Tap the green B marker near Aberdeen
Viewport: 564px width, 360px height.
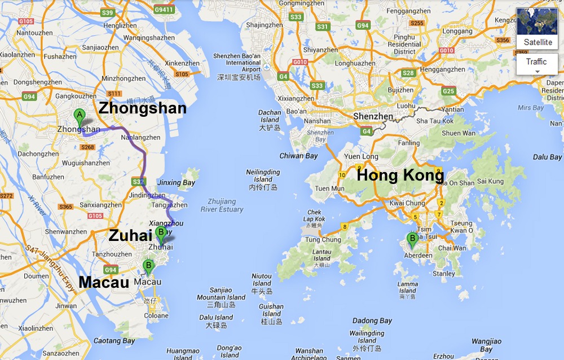[x=412, y=240]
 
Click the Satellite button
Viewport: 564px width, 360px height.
[x=537, y=28]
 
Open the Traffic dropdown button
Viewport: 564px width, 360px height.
[x=536, y=65]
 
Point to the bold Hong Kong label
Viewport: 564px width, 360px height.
[x=400, y=175]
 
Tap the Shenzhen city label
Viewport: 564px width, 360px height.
[x=373, y=116]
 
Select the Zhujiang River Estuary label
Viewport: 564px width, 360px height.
[x=222, y=205]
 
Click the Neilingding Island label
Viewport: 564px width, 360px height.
[x=263, y=175]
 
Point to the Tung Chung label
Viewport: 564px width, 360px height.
[x=323, y=240]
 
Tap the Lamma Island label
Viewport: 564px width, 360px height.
[x=408, y=287]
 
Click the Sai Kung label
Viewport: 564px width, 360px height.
[x=490, y=181]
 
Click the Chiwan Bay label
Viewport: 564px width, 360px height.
[x=299, y=156]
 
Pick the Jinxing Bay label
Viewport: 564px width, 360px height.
[x=177, y=183]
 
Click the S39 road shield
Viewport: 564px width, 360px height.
[x=108, y=13]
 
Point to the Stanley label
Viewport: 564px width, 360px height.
[x=444, y=274]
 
